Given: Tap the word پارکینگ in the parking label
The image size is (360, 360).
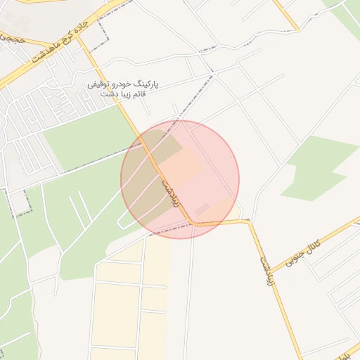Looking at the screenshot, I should point(146,84).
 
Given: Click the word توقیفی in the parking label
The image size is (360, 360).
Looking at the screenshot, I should point(101,84).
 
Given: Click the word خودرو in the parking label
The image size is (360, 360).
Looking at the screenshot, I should point(122,84).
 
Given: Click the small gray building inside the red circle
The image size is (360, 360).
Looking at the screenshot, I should point(202,209).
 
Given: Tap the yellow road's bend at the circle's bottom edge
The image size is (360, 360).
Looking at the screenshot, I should point(192,224).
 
